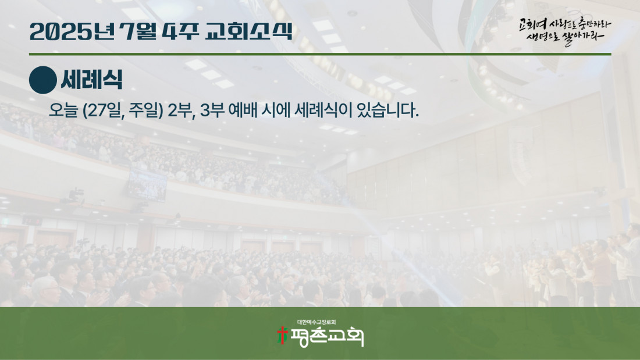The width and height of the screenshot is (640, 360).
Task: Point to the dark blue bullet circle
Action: pos(43,80)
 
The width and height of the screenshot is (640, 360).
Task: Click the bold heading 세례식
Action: pos(91,80)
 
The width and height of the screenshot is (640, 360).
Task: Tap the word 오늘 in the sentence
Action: pos(63,110)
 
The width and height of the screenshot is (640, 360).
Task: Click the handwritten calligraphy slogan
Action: pos(565,31)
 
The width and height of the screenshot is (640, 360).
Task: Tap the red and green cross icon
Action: pos(282,335)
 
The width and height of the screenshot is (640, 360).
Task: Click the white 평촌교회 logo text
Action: pos(326,337)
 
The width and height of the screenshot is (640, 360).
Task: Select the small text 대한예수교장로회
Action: pos(317,322)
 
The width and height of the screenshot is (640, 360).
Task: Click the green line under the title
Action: pos(320,54)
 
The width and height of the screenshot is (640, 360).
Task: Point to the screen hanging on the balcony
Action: pos(147,185)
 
